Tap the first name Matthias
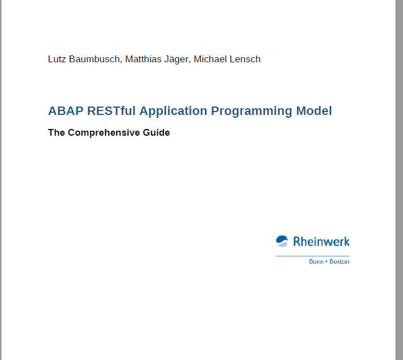(143, 59)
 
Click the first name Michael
(210, 59)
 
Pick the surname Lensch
(245, 59)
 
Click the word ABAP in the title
(66, 111)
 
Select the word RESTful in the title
(111, 111)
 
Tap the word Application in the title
(173, 112)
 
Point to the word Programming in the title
(251, 112)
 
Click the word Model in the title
(314, 111)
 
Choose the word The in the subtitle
(56, 132)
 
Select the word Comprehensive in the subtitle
(104, 133)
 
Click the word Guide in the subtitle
(156, 132)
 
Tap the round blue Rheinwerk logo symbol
(282, 241)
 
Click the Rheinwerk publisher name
(321, 242)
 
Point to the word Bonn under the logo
(316, 261)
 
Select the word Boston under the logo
(340, 261)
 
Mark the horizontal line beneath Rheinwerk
(313, 256)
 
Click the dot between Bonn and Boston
(327, 261)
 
